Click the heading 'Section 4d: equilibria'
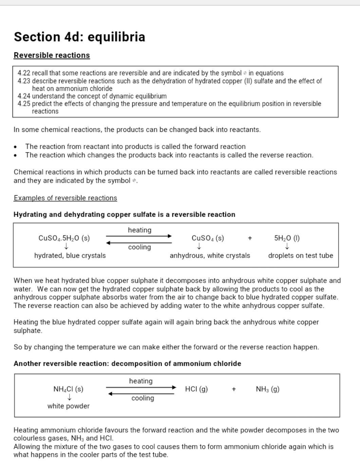point(79,37)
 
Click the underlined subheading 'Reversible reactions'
point(52,55)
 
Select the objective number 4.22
point(24,73)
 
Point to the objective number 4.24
point(24,96)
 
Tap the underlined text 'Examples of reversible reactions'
point(65,198)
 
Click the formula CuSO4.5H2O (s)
point(64,238)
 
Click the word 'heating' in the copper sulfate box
point(139,230)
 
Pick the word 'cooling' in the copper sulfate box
point(139,247)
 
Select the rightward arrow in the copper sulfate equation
point(139,236)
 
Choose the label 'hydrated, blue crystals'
point(70,256)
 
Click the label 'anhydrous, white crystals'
point(210,256)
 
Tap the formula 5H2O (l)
point(287,238)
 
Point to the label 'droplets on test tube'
point(301,256)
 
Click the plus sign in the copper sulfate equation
point(250,238)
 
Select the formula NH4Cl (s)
point(68,389)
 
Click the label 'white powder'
point(69,406)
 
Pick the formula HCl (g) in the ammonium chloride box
point(196,389)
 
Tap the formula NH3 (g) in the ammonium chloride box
point(268,389)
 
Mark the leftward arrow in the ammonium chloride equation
point(141,394)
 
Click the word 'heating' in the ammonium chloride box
point(141,381)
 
